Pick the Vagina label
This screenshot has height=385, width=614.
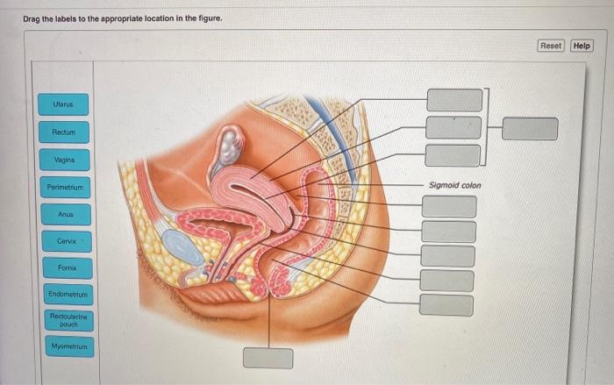pyautogui.click(x=63, y=160)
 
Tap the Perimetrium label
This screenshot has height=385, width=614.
pyautogui.click(x=63, y=188)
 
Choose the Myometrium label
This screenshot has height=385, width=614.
pyautogui.click(x=64, y=347)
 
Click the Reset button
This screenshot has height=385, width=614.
pyautogui.click(x=550, y=46)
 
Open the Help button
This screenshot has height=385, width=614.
pyautogui.click(x=582, y=46)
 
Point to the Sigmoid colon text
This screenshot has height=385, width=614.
pyautogui.click(x=454, y=185)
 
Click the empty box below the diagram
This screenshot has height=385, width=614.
pyautogui.click(x=268, y=359)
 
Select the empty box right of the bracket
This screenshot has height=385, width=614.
pyautogui.click(x=530, y=129)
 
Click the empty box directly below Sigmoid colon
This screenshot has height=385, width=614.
pyautogui.click(x=448, y=207)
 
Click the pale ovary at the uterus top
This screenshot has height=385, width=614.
pyautogui.click(x=230, y=144)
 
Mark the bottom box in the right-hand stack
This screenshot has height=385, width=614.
pyautogui.click(x=446, y=305)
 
